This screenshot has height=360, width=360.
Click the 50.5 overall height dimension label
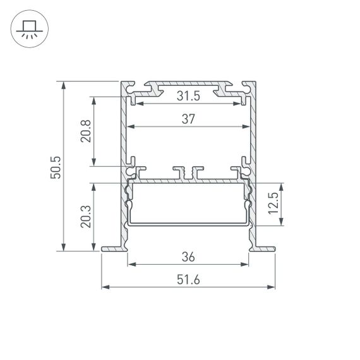pos(55,166)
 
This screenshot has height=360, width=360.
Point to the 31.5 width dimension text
pos(188,96)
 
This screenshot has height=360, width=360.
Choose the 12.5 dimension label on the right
pos(273,205)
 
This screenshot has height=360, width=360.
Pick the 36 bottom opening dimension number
pos(188,257)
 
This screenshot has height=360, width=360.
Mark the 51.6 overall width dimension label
pos(188,280)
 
